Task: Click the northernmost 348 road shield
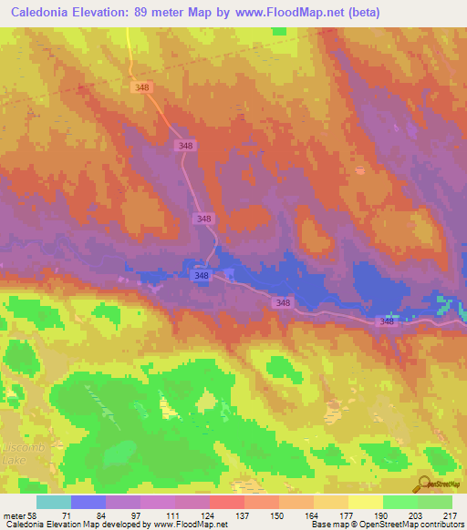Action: coord(141,87)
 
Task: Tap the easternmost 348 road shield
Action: coord(388,321)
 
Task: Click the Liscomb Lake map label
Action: coord(16,455)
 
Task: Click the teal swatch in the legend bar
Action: coord(54,502)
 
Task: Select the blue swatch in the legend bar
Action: coord(88,502)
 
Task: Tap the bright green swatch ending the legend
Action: coord(435,502)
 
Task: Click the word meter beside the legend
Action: coord(15,515)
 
